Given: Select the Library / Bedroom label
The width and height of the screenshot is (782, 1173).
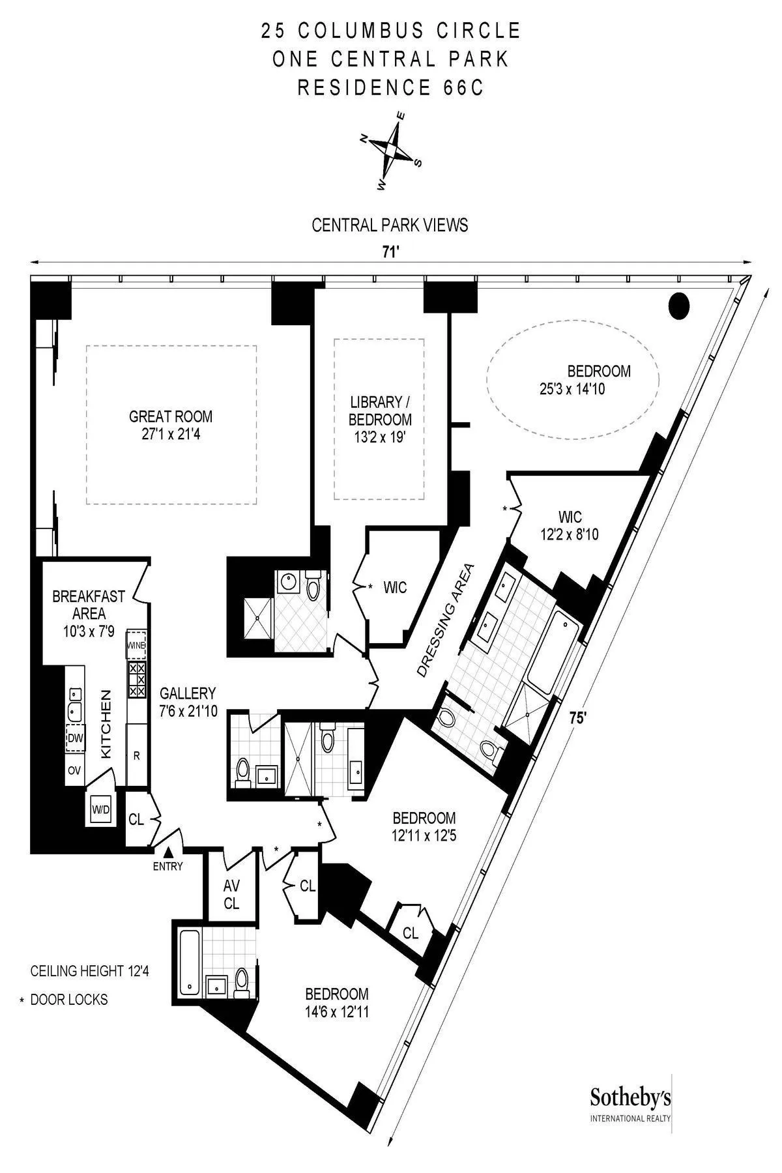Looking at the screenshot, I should [x=380, y=419].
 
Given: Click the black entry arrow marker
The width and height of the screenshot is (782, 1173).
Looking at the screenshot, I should [x=168, y=852].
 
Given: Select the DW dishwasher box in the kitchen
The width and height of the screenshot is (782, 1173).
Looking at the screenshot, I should [x=75, y=738].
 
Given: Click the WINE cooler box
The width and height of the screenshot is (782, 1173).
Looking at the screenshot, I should [x=136, y=644].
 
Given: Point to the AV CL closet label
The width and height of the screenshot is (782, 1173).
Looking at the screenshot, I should [x=231, y=894].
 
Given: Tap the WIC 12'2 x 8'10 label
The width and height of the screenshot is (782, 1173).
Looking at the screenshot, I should [x=569, y=525].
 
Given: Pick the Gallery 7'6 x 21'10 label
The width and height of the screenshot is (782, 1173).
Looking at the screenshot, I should [x=188, y=702].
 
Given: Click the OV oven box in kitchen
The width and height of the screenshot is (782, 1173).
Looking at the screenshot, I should [x=74, y=770].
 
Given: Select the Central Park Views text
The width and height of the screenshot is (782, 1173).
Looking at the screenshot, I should [x=390, y=225].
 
